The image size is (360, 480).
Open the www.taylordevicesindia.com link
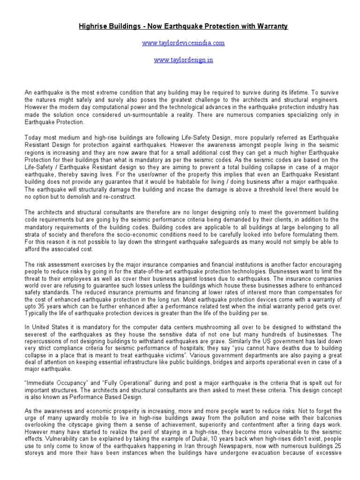click(x=183, y=43)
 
